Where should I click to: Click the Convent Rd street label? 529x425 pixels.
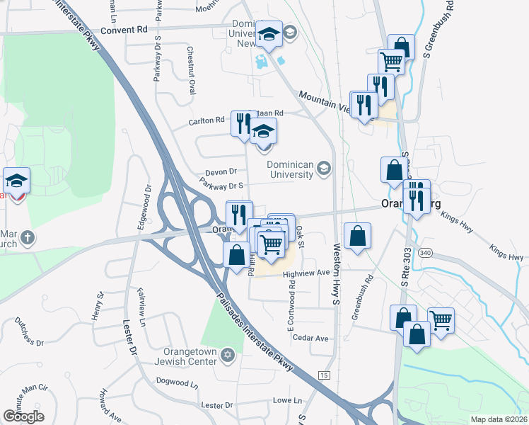coord(124,30)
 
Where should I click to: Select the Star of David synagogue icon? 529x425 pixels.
coord(228,353)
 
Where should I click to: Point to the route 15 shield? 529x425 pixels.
coord(324,375)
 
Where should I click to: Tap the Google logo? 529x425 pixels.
coord(23,416)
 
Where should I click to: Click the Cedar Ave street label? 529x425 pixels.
coord(311,338)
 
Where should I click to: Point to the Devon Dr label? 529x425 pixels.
coord(220,171)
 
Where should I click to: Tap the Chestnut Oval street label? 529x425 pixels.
coord(192,71)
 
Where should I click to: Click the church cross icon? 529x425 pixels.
coord(26,237)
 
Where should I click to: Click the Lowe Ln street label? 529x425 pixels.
coord(287,400)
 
